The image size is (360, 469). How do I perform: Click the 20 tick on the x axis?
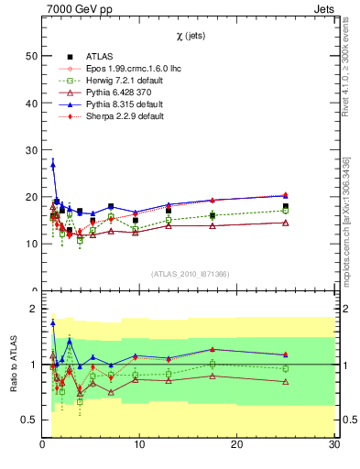click(237, 445)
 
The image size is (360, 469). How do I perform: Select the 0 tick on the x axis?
click(43, 445)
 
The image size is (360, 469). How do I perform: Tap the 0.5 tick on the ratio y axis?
click(28, 420)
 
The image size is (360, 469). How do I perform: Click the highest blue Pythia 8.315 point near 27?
click(53, 165)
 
